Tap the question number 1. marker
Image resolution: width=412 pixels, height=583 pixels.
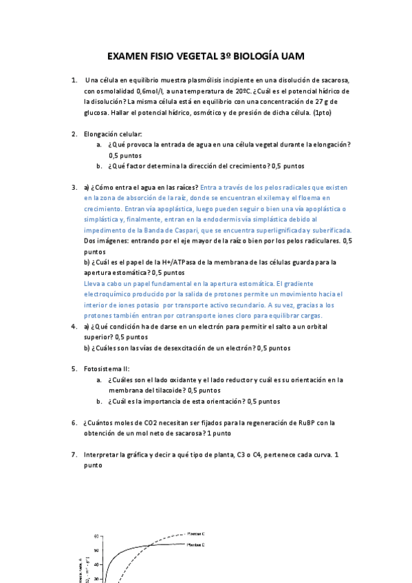tap(74, 80)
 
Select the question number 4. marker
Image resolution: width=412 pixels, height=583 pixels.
tap(74, 327)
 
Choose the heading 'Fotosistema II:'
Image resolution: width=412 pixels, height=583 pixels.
tap(111, 369)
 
